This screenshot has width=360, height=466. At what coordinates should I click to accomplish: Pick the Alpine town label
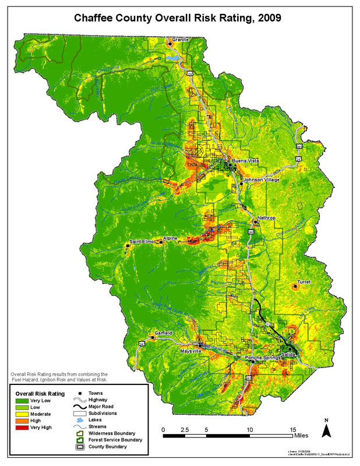(x=170, y=238)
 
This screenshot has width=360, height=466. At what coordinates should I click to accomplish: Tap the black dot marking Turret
(x=295, y=287)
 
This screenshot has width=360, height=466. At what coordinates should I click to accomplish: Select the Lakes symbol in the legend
(x=77, y=420)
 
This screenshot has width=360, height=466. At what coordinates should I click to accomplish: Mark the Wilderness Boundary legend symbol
(x=77, y=433)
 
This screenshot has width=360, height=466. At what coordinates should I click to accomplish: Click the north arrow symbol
(x=327, y=430)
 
